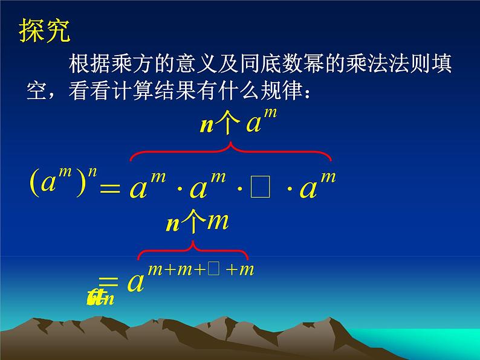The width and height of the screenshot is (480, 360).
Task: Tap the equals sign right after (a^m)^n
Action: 110,188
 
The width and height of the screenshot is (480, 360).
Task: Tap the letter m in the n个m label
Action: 217,222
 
